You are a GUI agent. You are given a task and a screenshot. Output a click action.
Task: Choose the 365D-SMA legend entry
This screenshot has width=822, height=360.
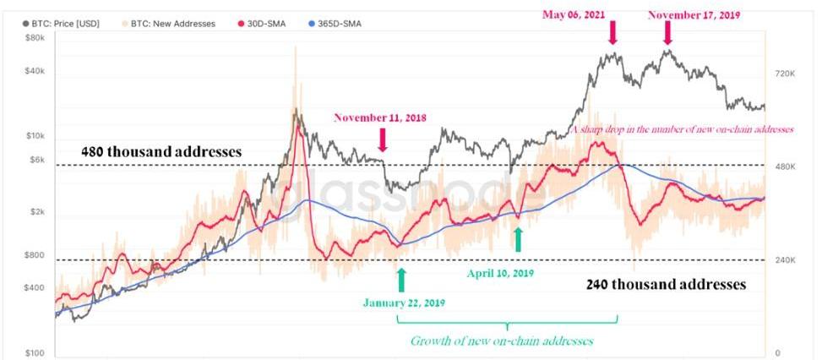point(330,24)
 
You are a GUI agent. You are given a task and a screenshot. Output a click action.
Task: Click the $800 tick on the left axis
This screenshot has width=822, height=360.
point(34,254)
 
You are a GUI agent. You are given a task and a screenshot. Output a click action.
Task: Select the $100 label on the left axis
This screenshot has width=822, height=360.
point(34,352)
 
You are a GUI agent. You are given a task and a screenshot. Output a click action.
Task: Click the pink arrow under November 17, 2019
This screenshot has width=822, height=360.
point(667,33)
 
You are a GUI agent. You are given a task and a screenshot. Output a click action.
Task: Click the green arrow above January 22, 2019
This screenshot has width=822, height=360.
point(401,280)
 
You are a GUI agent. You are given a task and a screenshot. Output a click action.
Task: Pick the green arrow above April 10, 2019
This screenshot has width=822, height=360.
point(519,240)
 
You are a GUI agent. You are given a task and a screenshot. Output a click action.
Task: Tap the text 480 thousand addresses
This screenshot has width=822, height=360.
point(161,152)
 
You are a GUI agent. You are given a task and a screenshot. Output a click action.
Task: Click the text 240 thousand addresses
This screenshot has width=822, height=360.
point(666,285)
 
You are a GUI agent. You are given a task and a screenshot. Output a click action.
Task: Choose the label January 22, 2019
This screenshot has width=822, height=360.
point(404,302)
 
